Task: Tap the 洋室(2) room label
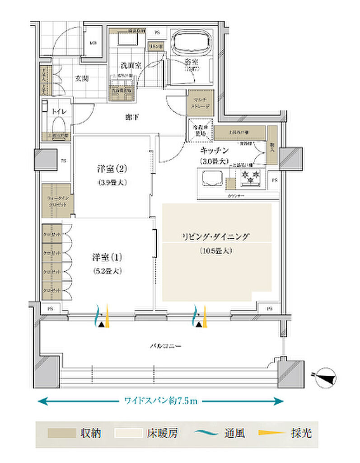(111, 170)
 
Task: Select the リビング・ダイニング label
(215, 236)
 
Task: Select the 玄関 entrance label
(81, 78)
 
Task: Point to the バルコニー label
(166, 346)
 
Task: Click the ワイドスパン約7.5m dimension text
(161, 401)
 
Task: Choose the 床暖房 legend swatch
(128, 434)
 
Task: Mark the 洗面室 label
(131, 65)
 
